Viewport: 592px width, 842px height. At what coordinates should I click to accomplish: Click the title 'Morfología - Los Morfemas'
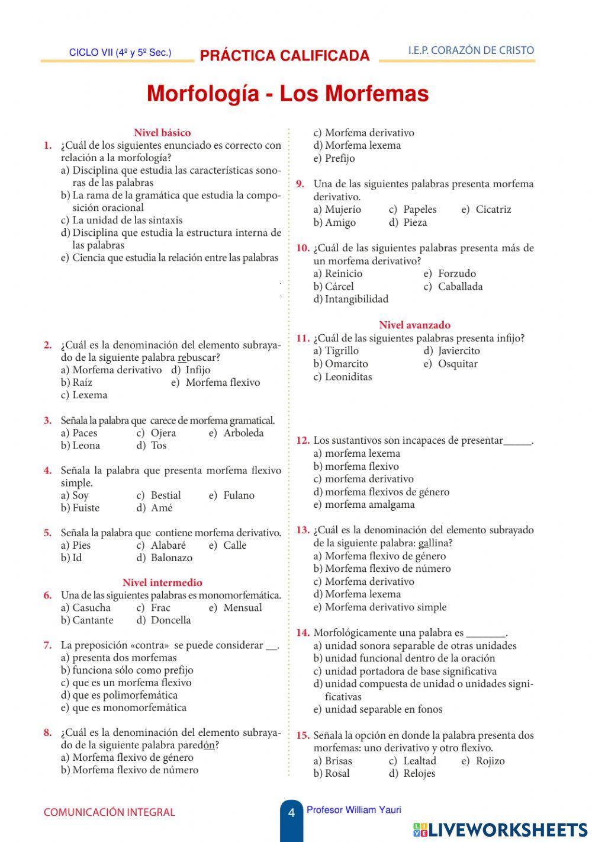(x=288, y=94)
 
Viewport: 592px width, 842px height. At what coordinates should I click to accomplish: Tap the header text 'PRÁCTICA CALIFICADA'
(x=285, y=56)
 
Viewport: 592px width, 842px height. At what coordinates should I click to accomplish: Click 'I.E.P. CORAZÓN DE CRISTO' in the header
(x=471, y=50)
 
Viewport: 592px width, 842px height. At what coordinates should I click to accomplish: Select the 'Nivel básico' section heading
(x=162, y=133)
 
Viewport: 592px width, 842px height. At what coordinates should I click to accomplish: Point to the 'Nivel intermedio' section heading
(x=162, y=582)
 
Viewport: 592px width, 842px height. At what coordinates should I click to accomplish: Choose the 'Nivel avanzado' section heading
(x=414, y=325)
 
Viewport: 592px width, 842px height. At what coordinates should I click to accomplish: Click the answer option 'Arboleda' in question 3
(x=243, y=433)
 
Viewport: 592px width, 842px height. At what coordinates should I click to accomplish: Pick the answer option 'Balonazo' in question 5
(x=171, y=558)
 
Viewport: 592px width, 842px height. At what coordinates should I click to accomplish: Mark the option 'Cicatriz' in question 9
(x=493, y=210)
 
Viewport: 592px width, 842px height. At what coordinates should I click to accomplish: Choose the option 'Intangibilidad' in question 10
(x=356, y=299)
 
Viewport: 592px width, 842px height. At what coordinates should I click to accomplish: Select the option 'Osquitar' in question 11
(x=458, y=364)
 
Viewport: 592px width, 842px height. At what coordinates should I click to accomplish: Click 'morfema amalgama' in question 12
(x=369, y=505)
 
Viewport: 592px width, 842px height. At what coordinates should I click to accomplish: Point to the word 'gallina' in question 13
(x=433, y=543)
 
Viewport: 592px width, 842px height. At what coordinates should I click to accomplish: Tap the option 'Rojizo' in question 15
(x=490, y=761)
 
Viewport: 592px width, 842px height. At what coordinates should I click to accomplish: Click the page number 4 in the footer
(x=291, y=814)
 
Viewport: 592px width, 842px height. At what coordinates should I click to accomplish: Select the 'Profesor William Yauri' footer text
(x=353, y=810)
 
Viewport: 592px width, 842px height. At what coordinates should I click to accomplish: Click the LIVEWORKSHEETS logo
(x=500, y=830)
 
